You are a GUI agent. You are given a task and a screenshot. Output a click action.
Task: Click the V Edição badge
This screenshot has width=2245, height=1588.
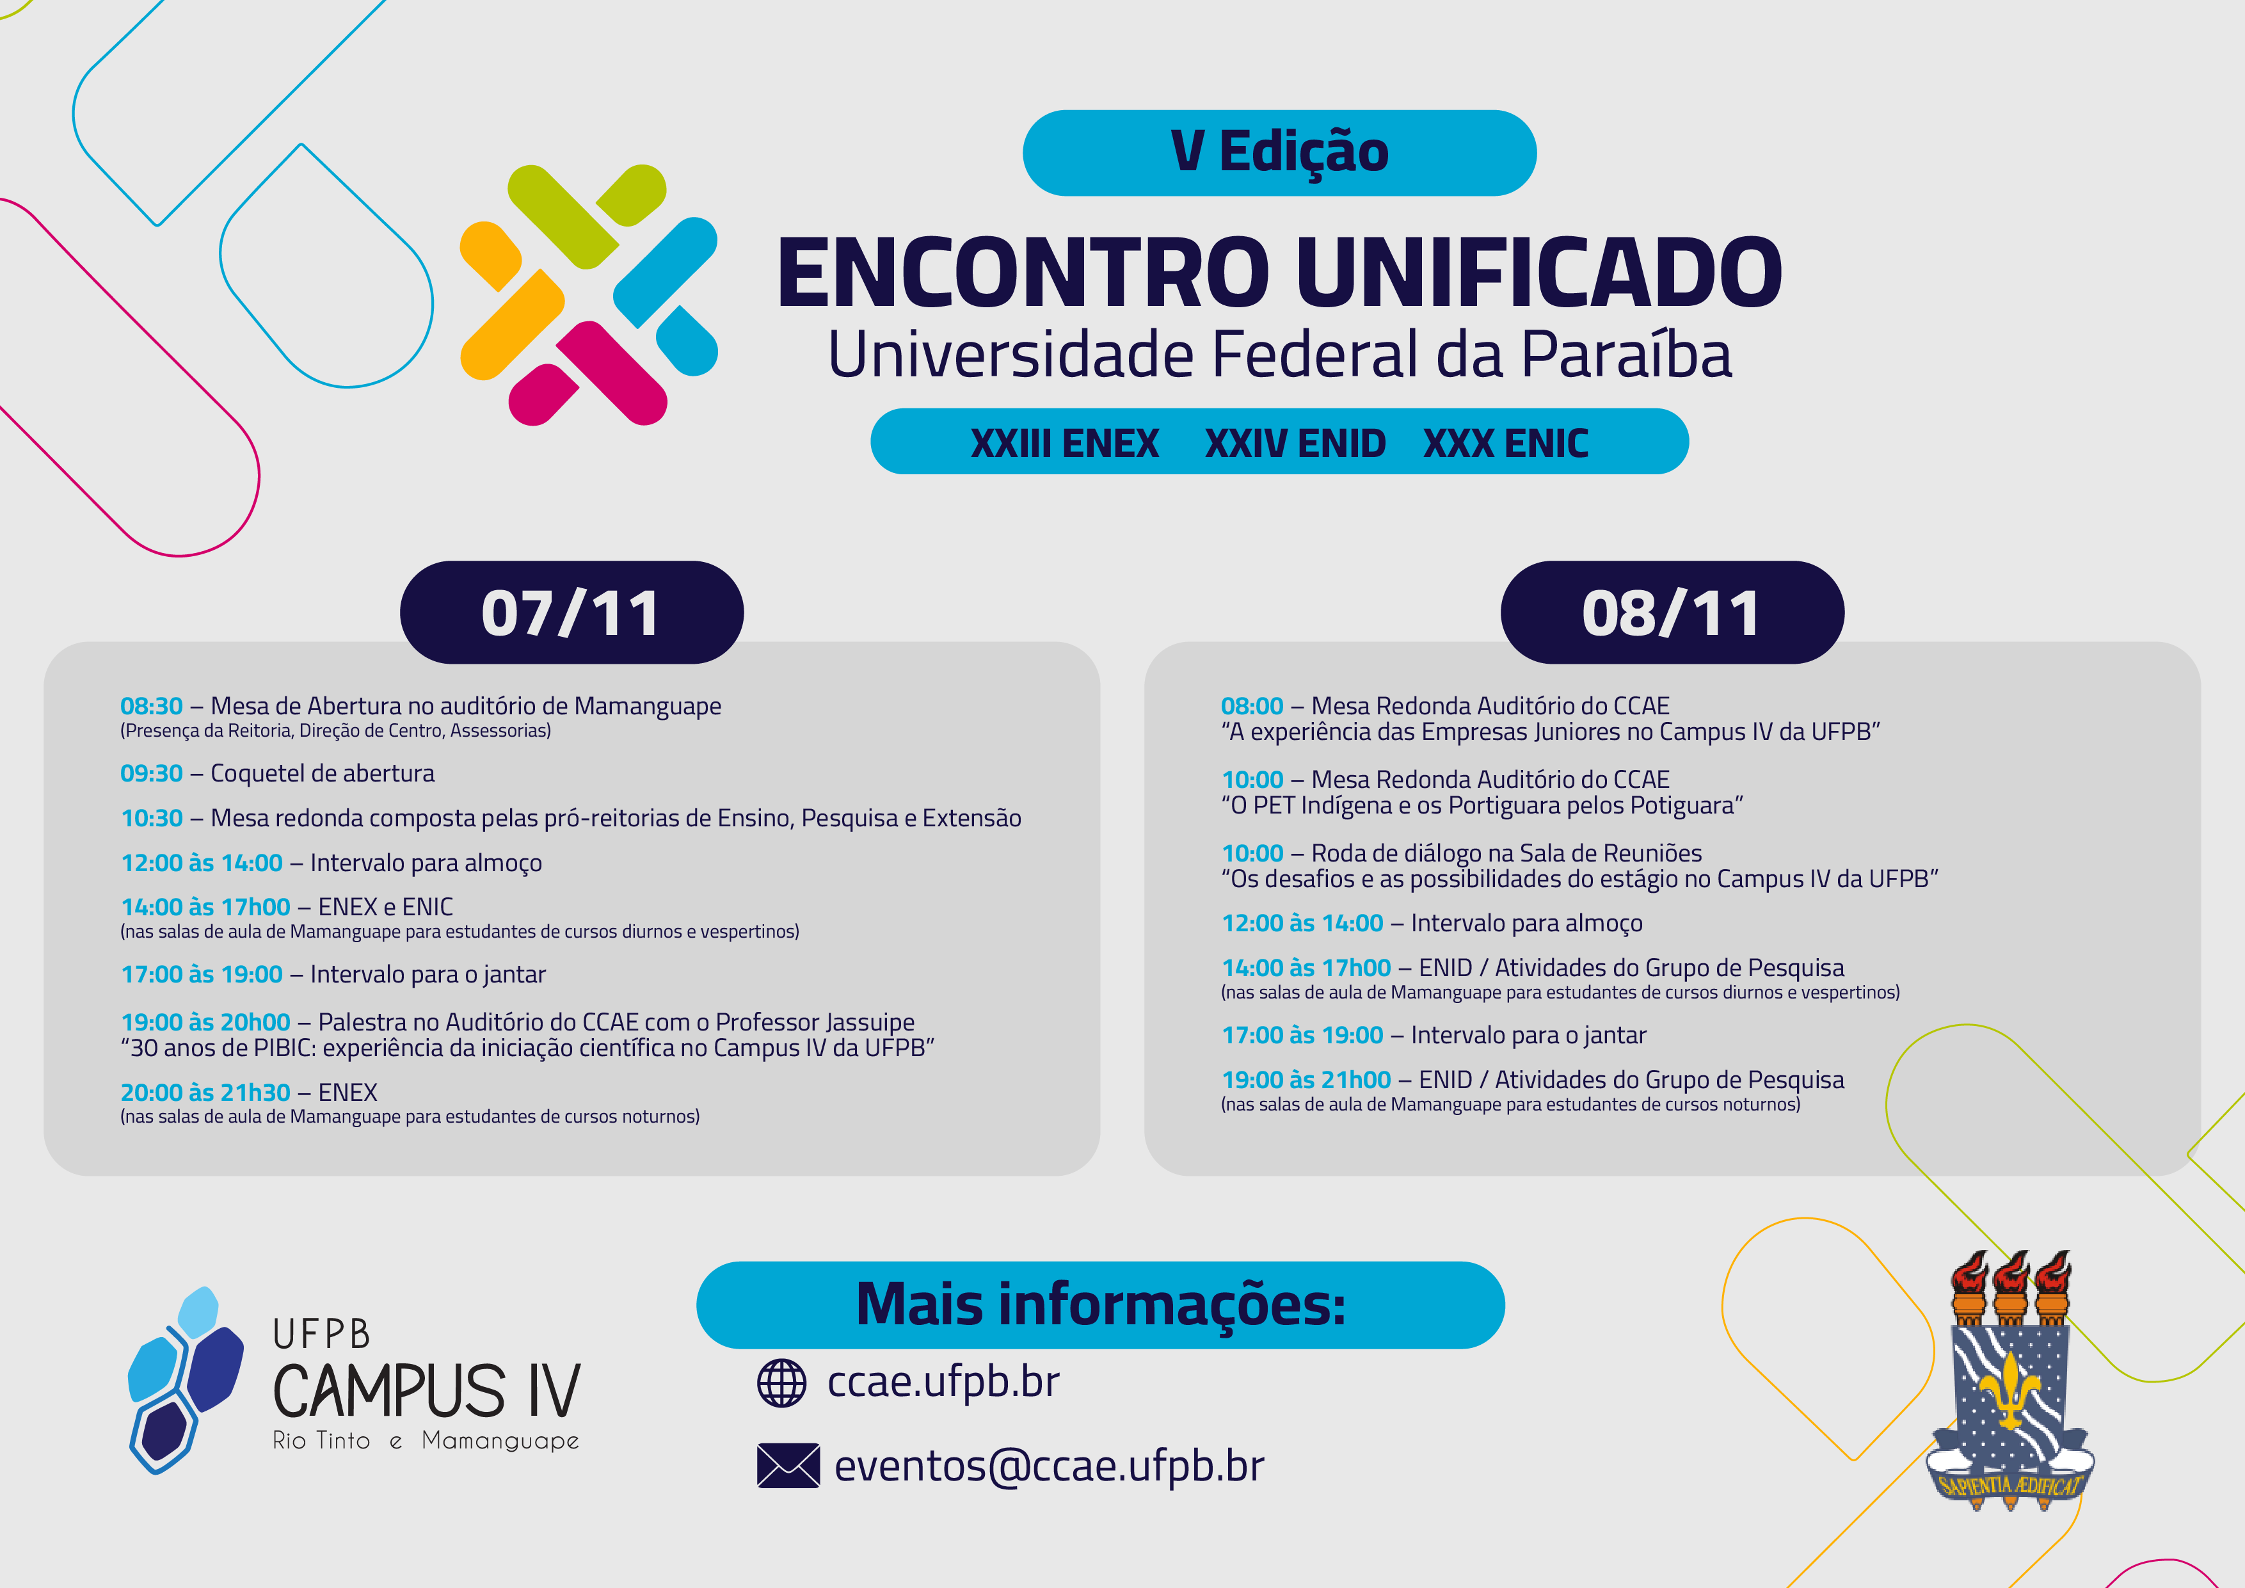point(1279,152)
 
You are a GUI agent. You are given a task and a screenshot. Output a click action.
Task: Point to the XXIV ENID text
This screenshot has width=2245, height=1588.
point(1295,443)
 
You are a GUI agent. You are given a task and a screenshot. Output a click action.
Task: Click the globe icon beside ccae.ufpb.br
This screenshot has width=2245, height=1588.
point(781,1383)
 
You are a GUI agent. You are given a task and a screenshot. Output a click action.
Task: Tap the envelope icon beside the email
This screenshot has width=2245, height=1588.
point(788,1466)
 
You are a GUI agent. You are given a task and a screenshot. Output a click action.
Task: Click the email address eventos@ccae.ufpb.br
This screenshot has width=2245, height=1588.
point(1049,1466)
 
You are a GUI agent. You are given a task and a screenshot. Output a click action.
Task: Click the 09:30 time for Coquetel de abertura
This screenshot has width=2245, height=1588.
point(152,773)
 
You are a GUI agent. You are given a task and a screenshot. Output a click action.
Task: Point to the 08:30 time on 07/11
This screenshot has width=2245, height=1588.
point(152,706)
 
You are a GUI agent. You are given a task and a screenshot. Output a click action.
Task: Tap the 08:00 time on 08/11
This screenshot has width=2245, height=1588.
point(1252,706)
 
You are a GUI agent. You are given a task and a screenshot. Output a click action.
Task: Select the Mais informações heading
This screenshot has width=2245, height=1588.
point(1101,1304)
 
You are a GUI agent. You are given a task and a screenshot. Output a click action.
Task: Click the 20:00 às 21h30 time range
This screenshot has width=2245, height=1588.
point(205,1092)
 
